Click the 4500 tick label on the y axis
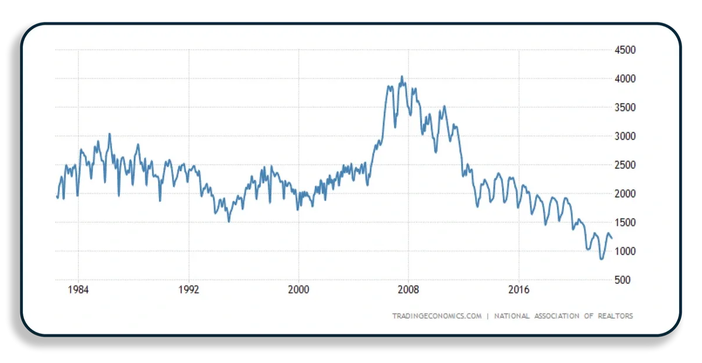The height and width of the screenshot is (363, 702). pyautogui.click(x=625, y=50)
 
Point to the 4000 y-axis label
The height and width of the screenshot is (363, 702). pyautogui.click(x=625, y=79)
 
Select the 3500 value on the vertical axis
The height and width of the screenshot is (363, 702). pyautogui.click(x=625, y=108)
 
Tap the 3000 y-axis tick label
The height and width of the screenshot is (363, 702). pyautogui.click(x=625, y=136)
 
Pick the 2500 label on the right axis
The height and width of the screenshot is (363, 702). pyautogui.click(x=625, y=165)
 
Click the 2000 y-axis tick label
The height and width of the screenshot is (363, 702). pyautogui.click(x=625, y=194)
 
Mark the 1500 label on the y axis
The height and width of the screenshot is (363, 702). pyautogui.click(x=625, y=222)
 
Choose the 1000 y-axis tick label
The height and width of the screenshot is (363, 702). pyautogui.click(x=625, y=251)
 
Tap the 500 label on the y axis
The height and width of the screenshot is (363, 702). pyautogui.click(x=622, y=280)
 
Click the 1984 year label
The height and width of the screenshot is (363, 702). pyautogui.click(x=78, y=290)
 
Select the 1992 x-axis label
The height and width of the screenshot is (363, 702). pyautogui.click(x=188, y=290)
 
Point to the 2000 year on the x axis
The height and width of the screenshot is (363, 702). pyautogui.click(x=298, y=290)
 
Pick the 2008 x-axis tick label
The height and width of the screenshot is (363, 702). pyautogui.click(x=408, y=290)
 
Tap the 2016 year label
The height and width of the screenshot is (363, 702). pyautogui.click(x=519, y=290)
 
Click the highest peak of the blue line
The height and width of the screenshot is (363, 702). pyautogui.click(x=402, y=76)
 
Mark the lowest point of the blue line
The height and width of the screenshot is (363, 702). pyautogui.click(x=601, y=259)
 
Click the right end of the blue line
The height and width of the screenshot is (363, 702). pyautogui.click(x=612, y=239)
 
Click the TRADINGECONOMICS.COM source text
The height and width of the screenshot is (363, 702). pyautogui.click(x=437, y=316)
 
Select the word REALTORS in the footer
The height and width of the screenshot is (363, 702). pyautogui.click(x=615, y=316)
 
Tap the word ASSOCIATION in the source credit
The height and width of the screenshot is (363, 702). pyautogui.click(x=556, y=316)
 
